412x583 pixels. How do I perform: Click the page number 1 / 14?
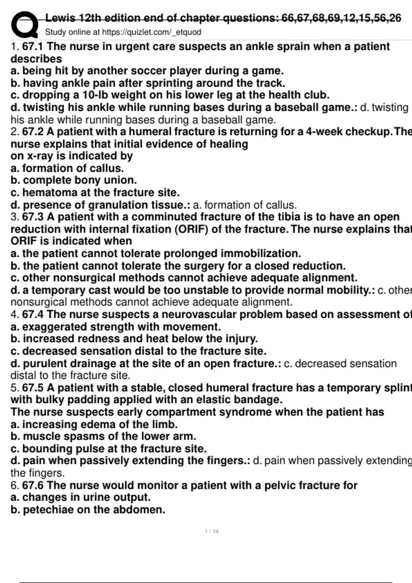(211, 531)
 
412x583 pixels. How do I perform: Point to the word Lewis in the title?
(60, 17)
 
